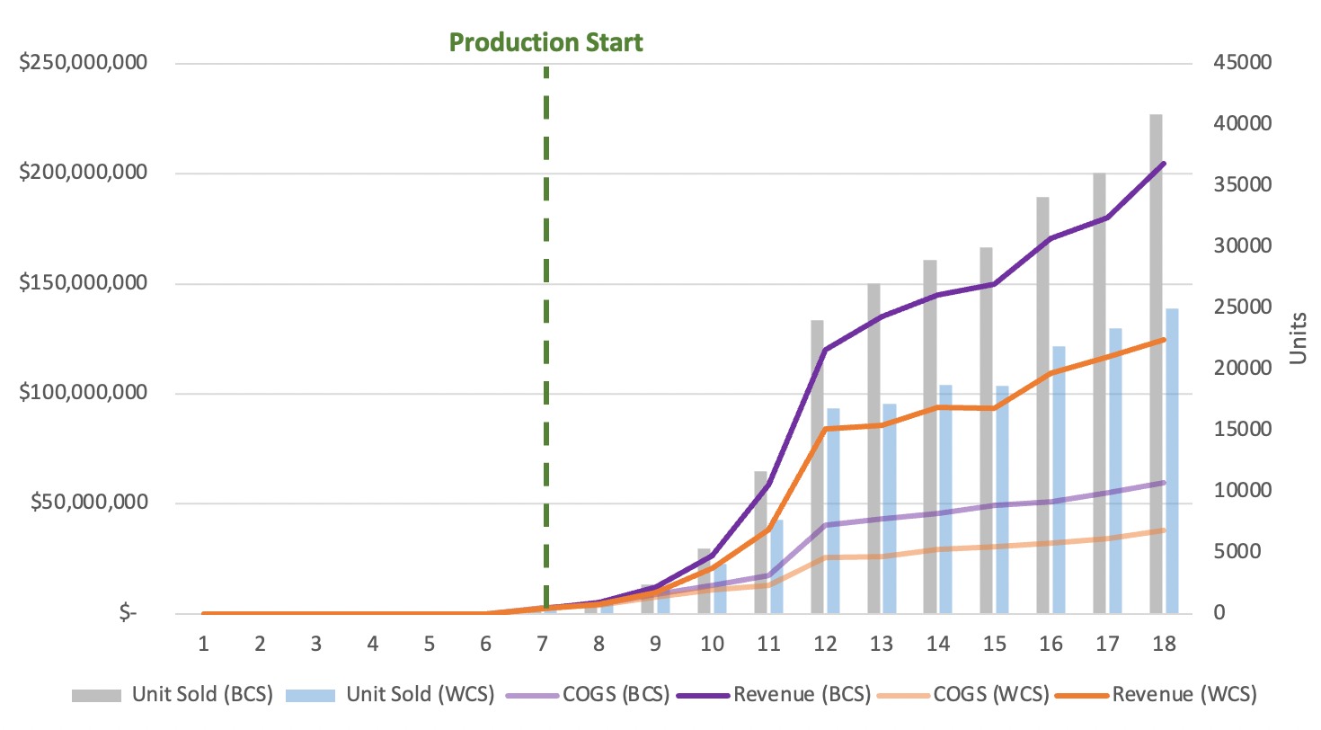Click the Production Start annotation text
point(545,42)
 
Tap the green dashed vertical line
point(545,270)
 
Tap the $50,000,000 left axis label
point(86,503)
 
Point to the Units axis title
point(1299,338)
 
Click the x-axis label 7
point(542,644)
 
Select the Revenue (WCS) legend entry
point(1184,694)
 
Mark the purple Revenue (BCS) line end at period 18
point(1163,164)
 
